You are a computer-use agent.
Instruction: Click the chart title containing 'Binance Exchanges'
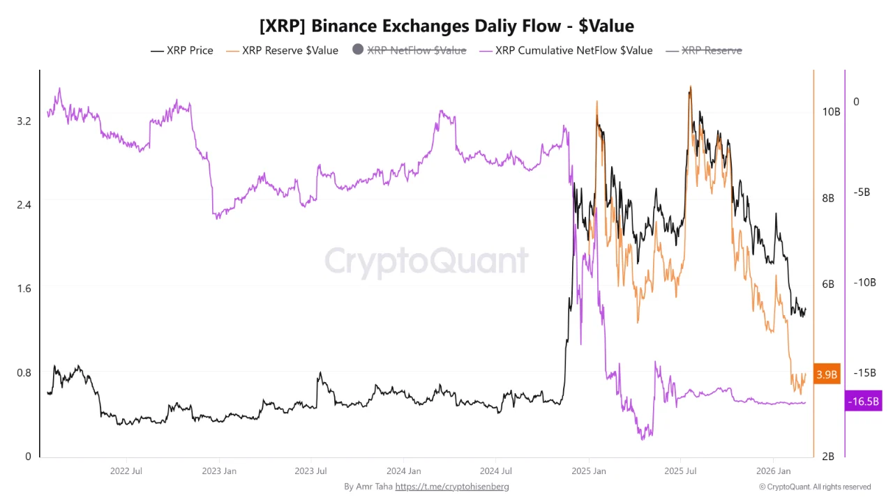[446, 26]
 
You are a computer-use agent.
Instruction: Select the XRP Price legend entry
[182, 50]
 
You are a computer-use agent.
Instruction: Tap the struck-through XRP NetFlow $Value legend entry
[410, 50]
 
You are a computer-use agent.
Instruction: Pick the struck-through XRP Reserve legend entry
[704, 50]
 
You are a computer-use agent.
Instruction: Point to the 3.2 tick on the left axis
[24, 121]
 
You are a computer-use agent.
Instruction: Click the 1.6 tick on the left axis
[24, 289]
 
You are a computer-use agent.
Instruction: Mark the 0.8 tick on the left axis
[24, 372]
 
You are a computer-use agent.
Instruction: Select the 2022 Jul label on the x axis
[127, 471]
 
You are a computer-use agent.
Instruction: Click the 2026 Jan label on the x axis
[774, 471]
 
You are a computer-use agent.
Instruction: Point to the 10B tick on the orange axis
[831, 112]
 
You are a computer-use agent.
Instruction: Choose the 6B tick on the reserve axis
[828, 284]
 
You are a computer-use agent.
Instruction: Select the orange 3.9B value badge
[827, 374]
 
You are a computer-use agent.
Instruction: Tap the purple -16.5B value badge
[863, 402]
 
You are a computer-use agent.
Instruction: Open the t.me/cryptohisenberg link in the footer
[452, 487]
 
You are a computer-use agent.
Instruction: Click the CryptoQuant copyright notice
[815, 487]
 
